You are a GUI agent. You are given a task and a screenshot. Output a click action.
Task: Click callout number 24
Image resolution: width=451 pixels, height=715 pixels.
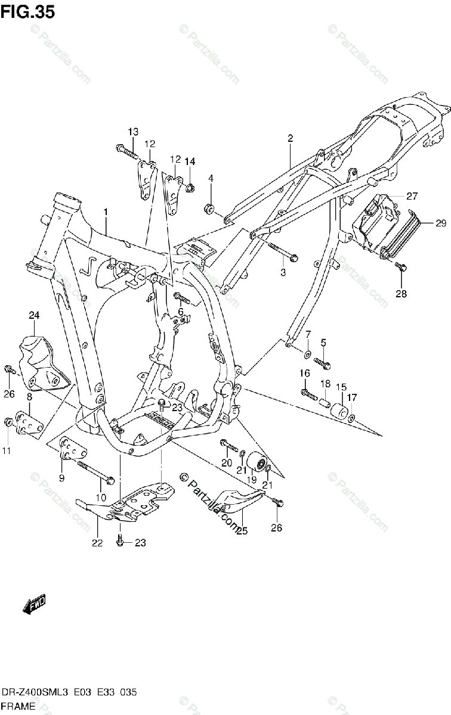[33, 315]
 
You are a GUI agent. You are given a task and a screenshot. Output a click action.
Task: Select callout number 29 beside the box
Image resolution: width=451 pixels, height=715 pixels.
[440, 223]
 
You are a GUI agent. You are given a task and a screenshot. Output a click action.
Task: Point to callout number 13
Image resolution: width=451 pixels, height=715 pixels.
[132, 131]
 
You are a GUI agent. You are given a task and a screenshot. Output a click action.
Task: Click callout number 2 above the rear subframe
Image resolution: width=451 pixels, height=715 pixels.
[290, 138]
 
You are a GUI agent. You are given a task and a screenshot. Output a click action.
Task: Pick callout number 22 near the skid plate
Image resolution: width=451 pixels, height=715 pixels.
[97, 542]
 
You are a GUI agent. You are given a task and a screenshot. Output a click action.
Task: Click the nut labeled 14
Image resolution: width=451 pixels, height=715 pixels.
[190, 189]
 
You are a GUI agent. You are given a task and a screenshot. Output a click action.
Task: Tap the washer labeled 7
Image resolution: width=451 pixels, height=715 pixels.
[306, 355]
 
